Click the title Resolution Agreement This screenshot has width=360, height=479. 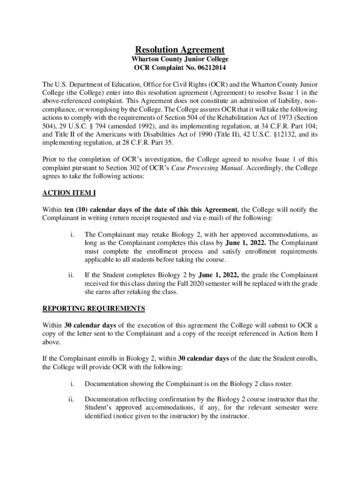coord(180,50)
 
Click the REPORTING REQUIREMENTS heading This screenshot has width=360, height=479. coord(94,308)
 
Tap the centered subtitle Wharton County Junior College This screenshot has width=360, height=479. coord(180,59)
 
